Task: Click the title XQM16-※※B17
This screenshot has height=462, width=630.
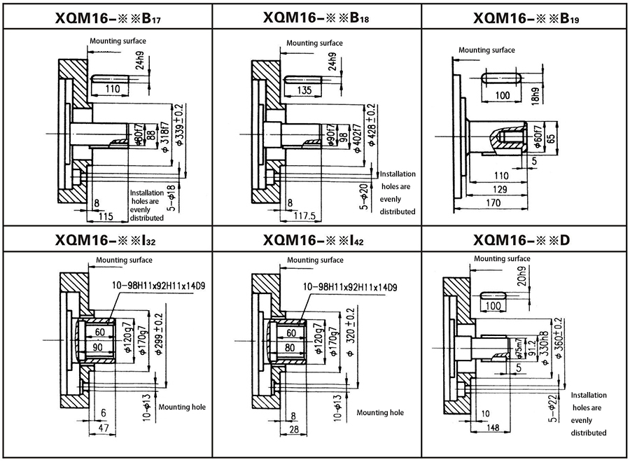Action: point(106,17)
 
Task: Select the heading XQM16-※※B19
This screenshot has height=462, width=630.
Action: point(524,17)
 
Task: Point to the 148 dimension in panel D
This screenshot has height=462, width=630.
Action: point(493,427)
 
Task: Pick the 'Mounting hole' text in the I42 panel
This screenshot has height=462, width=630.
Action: point(380,413)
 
